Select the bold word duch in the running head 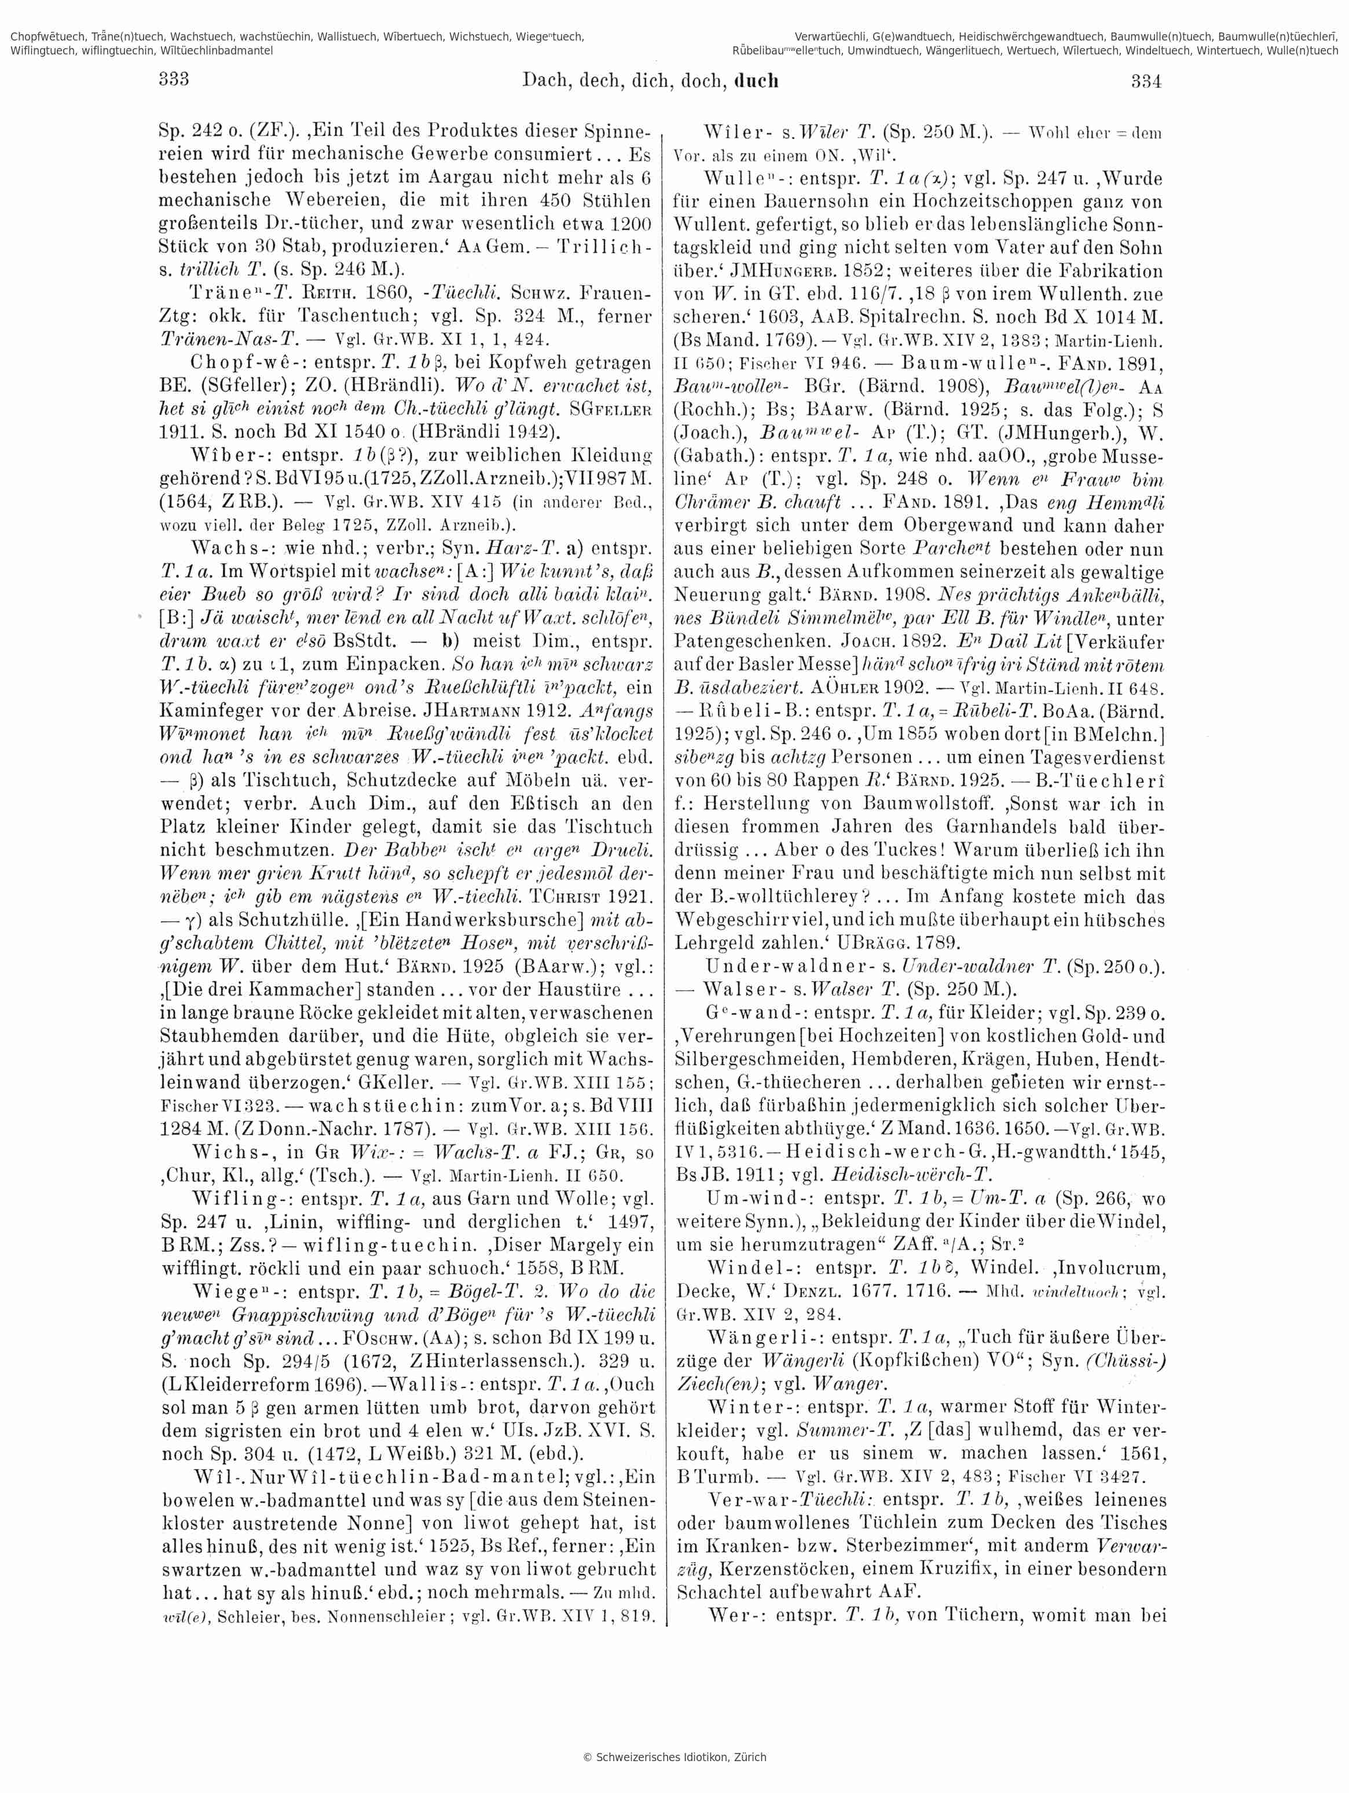[756, 81]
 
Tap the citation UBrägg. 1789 [907, 942]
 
